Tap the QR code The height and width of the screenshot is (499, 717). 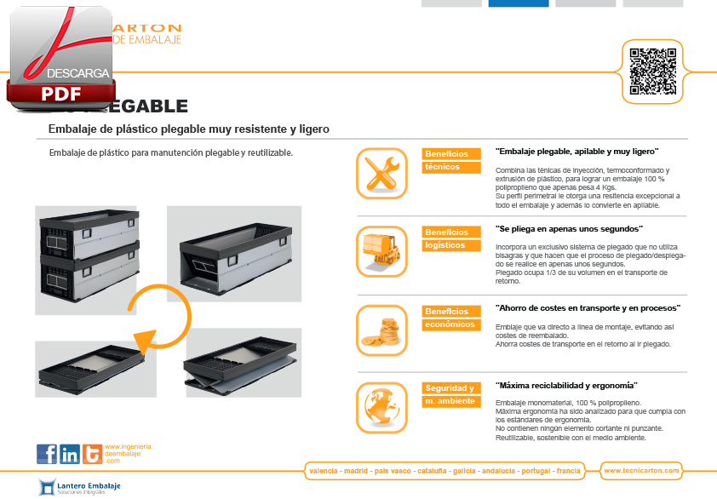tap(652, 72)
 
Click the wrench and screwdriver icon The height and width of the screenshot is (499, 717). tap(381, 174)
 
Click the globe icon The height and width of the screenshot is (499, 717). tap(381, 405)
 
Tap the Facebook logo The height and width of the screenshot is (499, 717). tap(47, 454)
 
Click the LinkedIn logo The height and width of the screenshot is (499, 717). tap(70, 454)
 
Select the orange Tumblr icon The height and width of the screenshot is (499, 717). tap(92, 454)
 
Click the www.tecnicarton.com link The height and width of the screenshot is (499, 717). tap(640, 470)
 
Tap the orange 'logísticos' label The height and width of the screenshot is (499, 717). tap(445, 245)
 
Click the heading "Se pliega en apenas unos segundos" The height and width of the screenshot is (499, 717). tap(569, 229)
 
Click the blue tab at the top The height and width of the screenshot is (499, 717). tap(518, 3)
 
